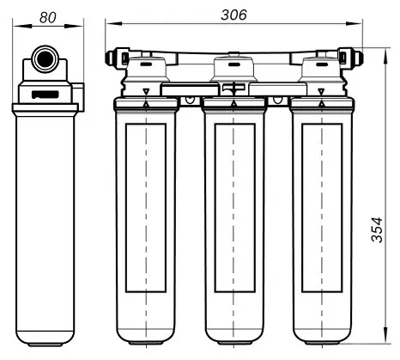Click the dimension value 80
[48, 17]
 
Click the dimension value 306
[233, 15]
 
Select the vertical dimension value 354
[377, 230]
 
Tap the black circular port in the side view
[45, 58]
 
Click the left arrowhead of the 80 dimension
[21, 27]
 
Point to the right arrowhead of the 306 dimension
[354, 23]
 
